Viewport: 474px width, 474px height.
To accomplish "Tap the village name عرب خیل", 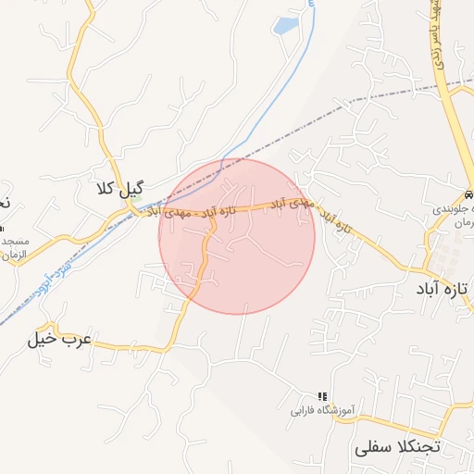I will [x=60, y=339].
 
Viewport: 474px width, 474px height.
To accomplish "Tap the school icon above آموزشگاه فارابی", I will [x=323, y=395].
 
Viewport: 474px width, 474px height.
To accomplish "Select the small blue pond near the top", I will [x=287, y=25].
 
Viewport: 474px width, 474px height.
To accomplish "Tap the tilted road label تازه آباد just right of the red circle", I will [x=335, y=221].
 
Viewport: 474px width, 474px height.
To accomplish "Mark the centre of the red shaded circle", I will [x=237, y=236].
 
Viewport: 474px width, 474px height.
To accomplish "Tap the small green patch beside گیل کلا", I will [x=135, y=204].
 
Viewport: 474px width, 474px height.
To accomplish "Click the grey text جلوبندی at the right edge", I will [x=455, y=210].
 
